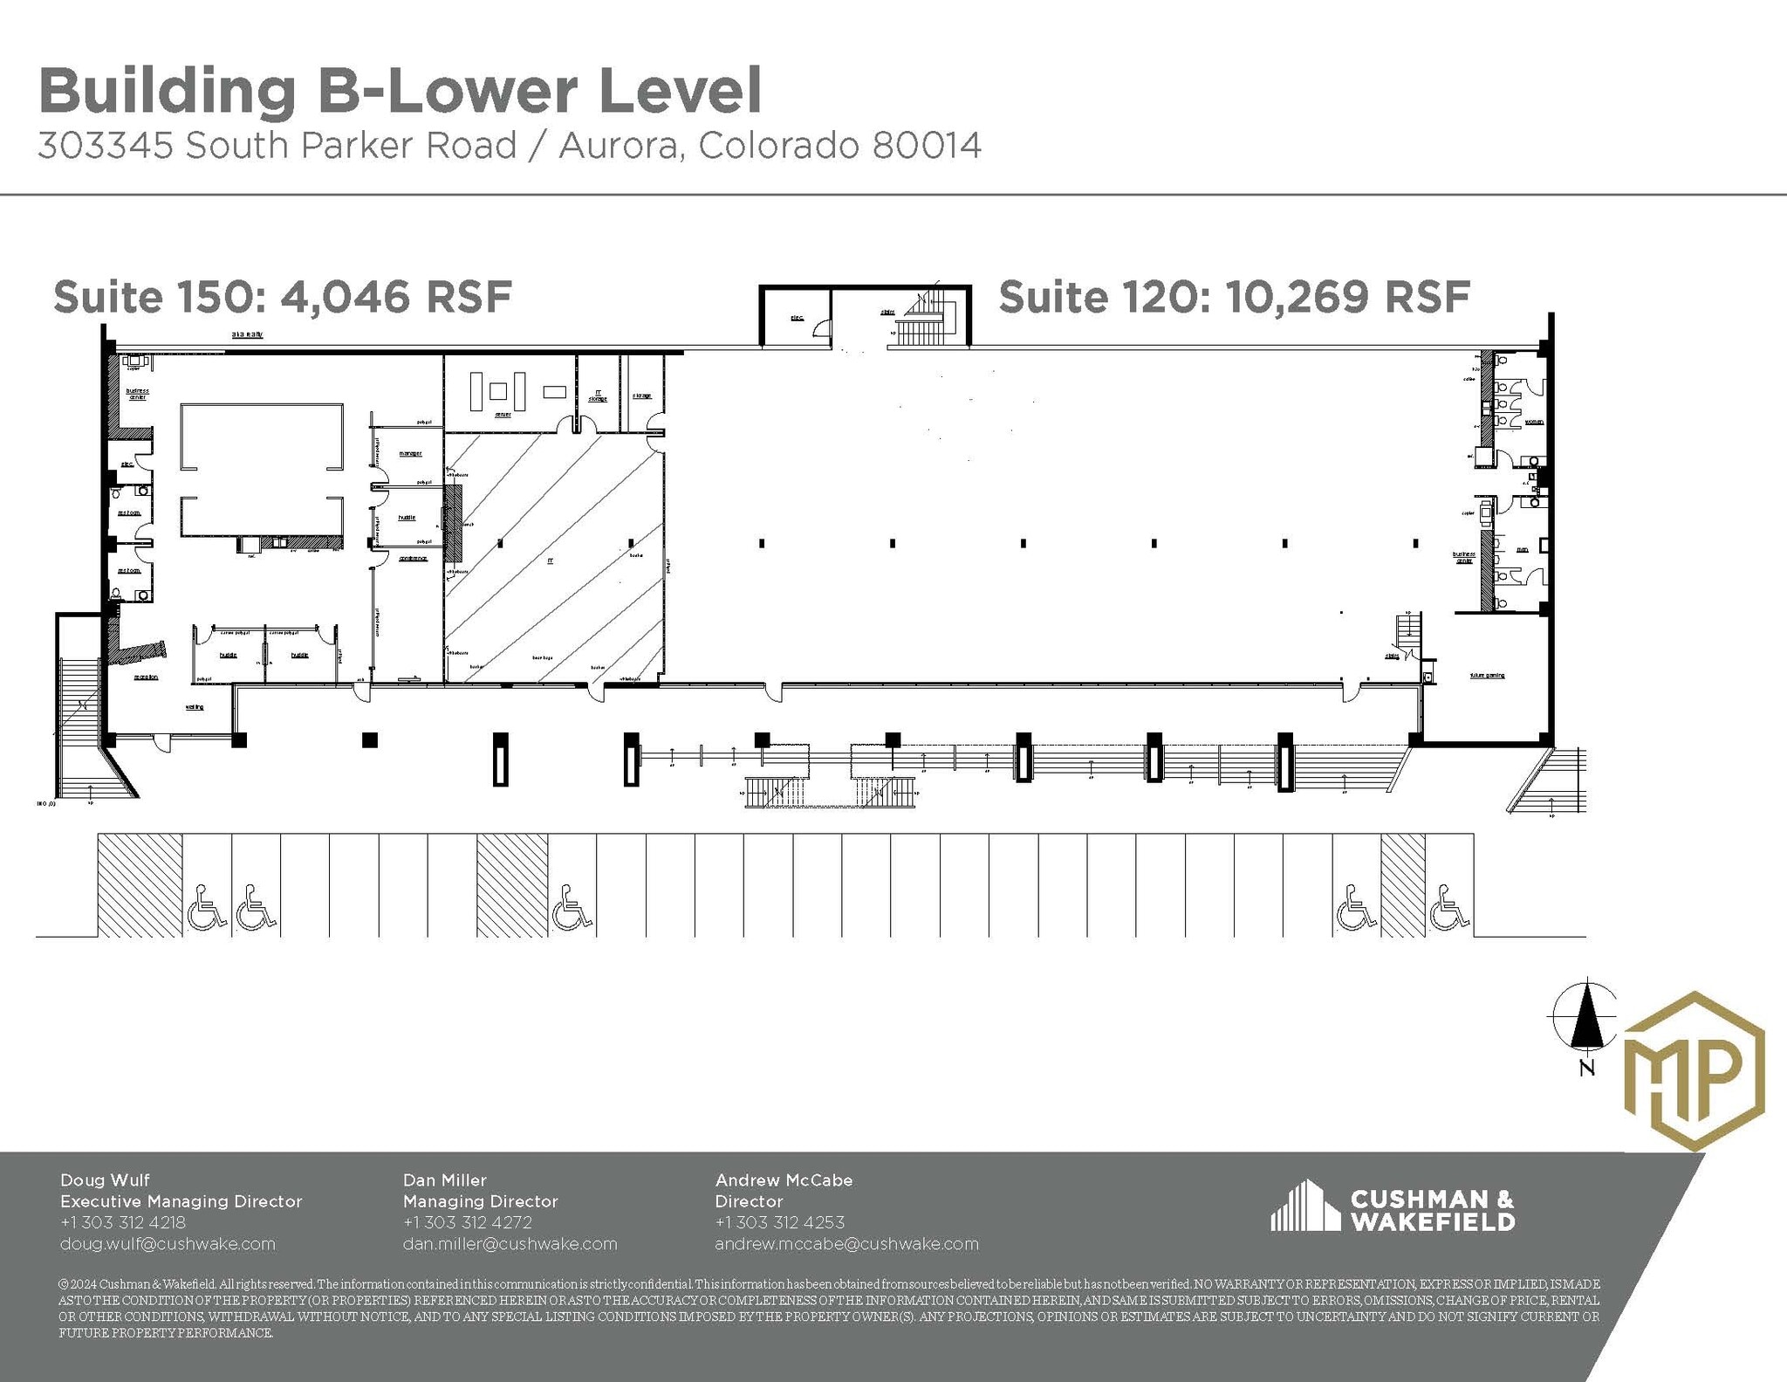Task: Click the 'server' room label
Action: click(x=503, y=415)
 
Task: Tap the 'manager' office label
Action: click(x=410, y=453)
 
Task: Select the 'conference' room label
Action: click(x=413, y=559)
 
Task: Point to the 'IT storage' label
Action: click(x=598, y=395)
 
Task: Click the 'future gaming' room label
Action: click(x=1487, y=675)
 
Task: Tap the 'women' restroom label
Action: click(x=1533, y=422)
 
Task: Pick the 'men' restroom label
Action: click(x=1521, y=550)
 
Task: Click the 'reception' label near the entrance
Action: click(x=146, y=677)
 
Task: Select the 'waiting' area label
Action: click(x=195, y=706)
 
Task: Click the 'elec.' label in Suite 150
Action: click(x=126, y=464)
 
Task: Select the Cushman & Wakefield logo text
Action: click(x=1431, y=1210)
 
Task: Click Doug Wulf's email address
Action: click(x=168, y=1243)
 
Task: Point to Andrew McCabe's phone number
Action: click(x=779, y=1222)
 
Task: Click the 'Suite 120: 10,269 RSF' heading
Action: click(x=1234, y=297)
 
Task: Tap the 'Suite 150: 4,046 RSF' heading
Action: click(x=282, y=297)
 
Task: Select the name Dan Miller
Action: click(x=444, y=1180)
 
